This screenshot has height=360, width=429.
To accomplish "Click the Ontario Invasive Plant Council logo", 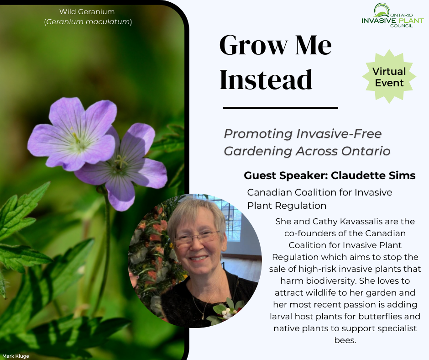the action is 392,16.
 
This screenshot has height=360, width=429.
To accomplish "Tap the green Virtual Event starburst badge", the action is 389,77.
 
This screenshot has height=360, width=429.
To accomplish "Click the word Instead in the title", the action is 266,80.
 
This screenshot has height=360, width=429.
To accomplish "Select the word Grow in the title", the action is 254,45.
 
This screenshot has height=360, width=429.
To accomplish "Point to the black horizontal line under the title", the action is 280,108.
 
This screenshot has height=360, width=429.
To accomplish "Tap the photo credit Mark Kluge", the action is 16,356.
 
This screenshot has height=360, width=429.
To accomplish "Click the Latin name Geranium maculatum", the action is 88,21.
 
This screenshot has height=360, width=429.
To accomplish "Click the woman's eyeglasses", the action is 196,238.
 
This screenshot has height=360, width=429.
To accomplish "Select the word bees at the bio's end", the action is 345,340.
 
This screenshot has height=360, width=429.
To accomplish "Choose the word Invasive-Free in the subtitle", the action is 339,134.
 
